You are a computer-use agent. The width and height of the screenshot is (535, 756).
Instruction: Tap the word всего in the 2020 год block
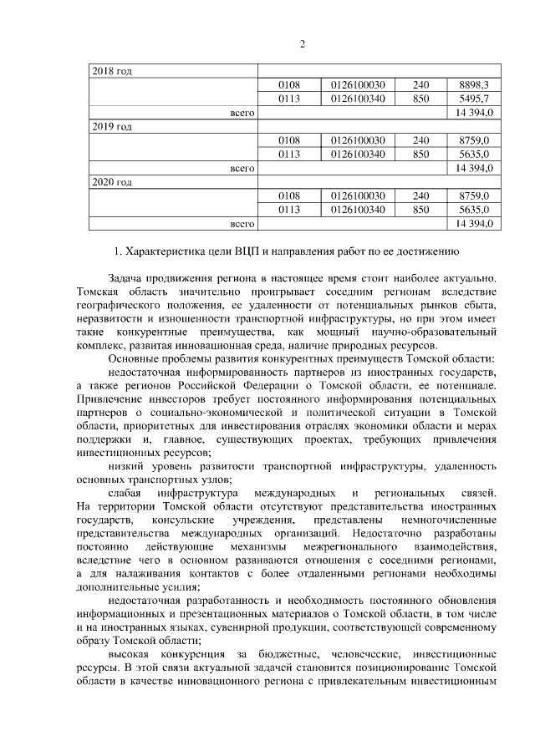tap(242, 224)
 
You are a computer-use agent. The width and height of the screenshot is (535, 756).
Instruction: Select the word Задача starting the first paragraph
tap(126, 277)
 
